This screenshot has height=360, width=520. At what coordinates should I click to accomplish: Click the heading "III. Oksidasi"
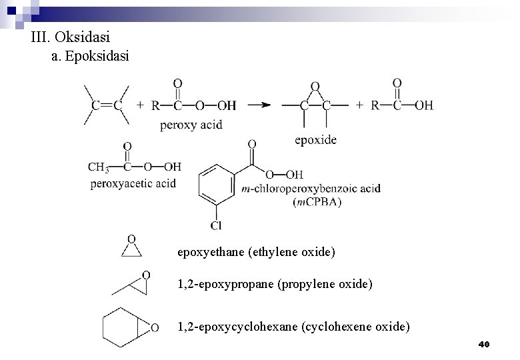70,38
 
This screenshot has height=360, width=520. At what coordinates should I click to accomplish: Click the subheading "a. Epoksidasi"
90,57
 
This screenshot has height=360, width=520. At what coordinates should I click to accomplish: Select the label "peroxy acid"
191,125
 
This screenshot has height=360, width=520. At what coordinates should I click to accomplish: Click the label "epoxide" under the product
315,139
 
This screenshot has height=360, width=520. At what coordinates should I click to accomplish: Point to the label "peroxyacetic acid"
133,183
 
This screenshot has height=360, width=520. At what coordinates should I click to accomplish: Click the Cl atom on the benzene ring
216,226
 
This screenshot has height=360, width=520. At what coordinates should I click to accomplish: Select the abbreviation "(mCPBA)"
317,202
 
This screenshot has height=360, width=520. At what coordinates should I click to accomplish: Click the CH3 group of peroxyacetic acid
98,167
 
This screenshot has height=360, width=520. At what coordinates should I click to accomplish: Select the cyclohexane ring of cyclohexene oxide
120,326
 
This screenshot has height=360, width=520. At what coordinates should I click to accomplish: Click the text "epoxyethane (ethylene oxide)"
256,253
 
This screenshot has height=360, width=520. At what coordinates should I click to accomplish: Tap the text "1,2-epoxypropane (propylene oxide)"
275,285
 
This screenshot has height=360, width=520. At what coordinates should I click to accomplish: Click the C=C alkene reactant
107,105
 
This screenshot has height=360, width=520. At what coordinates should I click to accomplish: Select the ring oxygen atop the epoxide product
315,87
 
